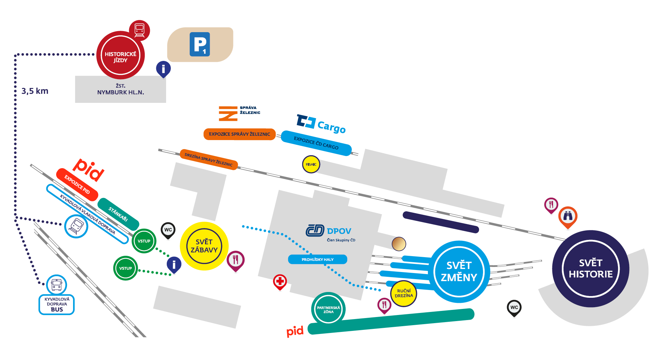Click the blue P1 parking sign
pos(200,44)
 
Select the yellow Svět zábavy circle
pos(204,246)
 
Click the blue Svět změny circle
pos(459,272)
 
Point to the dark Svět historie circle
pos(591,269)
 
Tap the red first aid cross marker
pos(280,281)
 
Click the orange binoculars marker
pos(568,216)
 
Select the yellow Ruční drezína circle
pos(404,293)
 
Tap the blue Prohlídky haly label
pos(317,260)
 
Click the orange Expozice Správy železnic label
pos(239,134)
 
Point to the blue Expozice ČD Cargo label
pos(316,143)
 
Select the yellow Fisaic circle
pos(311,164)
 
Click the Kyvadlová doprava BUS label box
pos(57,305)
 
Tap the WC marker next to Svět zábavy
pos(168,230)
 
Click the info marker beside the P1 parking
pos(163,69)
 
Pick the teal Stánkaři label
pos(118,214)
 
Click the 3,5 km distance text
pos(35,91)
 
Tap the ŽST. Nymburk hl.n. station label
pos(120,89)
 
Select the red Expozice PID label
pos(77,184)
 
